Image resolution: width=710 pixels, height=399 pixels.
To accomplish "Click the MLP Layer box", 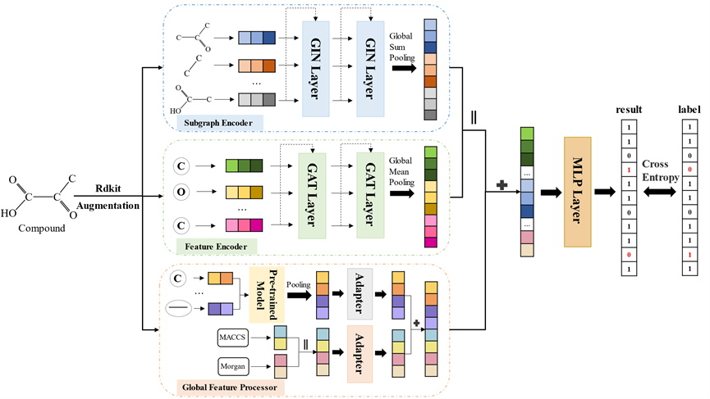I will (577, 192).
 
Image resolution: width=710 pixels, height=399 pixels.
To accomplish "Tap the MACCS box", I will (232, 335).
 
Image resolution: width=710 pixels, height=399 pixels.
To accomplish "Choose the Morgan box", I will (232, 365).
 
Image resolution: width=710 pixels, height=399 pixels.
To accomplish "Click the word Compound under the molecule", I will (44, 229).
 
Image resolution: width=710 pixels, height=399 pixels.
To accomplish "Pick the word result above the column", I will (628, 108).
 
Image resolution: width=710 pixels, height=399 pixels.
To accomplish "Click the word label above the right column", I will (688, 108).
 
